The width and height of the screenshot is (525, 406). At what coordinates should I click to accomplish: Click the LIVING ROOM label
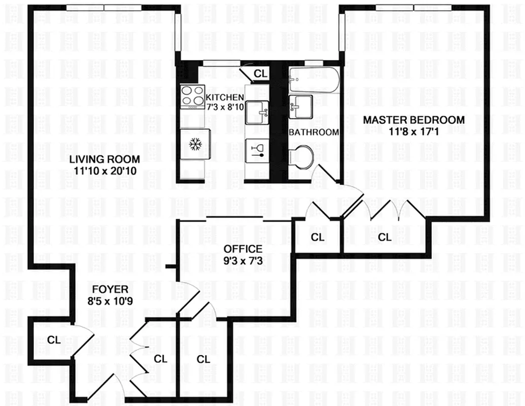click(x=105, y=160)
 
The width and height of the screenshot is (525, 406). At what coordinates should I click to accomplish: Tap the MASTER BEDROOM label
click(x=413, y=120)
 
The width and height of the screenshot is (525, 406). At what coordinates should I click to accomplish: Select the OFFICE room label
click(x=243, y=249)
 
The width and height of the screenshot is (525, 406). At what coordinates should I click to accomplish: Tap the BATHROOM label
click(x=313, y=132)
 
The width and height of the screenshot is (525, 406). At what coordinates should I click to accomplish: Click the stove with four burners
click(x=193, y=96)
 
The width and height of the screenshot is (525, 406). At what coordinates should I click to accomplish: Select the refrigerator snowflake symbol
click(x=194, y=145)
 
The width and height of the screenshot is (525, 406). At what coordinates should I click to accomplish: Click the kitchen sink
click(x=257, y=111)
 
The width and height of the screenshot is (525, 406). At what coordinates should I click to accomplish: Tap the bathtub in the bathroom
click(x=312, y=80)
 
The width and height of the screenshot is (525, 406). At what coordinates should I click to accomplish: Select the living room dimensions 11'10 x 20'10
click(x=105, y=171)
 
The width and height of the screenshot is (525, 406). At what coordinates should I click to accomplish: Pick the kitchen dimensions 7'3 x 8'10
click(x=224, y=107)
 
